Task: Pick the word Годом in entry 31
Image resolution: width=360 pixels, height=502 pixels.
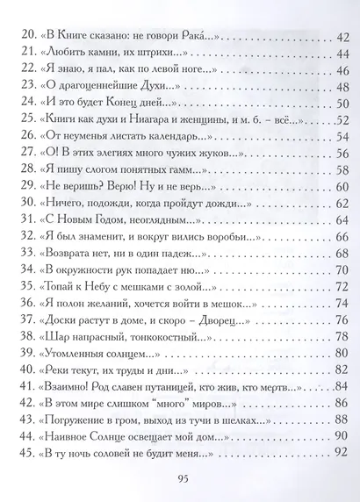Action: click(110, 218)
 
